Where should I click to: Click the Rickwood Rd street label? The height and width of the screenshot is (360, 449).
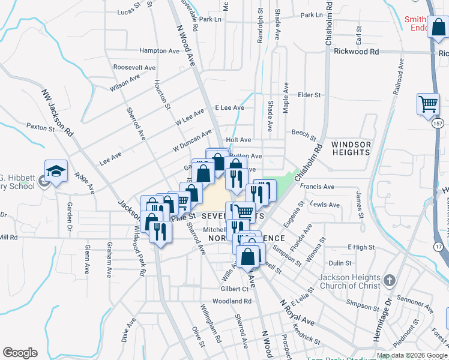point(357,52)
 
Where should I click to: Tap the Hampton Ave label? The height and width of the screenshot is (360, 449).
point(159,51)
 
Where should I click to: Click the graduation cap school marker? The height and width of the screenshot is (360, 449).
point(56,172)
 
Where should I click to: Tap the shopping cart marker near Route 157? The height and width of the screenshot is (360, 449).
point(428,104)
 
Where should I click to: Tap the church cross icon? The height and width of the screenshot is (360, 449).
point(389,280)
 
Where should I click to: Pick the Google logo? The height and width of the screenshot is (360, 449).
point(20,353)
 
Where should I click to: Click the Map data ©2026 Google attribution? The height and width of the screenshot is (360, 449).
point(412,355)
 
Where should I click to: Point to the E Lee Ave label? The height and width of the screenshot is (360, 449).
point(229,107)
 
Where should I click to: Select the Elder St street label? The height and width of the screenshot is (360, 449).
point(310,95)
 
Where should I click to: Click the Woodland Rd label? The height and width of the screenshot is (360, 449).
point(231,301)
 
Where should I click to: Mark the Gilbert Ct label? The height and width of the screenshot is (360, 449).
point(217,289)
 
